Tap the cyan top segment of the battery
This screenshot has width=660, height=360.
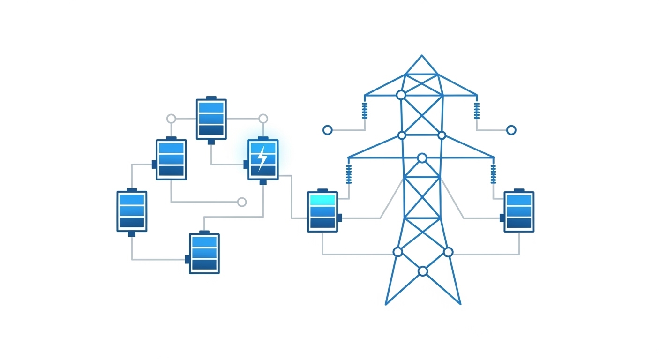point(322,200)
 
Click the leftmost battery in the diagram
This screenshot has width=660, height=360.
point(132,211)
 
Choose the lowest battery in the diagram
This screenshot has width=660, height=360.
point(204,253)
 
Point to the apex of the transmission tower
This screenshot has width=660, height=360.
point(422,56)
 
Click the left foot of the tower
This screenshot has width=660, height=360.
point(386,304)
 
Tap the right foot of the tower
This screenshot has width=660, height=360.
point(460,304)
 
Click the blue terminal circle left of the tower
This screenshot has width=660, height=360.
point(328,130)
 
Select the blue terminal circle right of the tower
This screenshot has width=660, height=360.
point(511,130)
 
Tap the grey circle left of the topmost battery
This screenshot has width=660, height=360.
point(171,119)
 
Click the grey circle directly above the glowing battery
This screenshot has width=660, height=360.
point(263,119)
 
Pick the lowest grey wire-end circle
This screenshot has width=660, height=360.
point(242,202)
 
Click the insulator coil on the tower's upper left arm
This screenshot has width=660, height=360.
point(365,111)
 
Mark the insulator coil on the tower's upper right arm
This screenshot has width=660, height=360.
point(477,111)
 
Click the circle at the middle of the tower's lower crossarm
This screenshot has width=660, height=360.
point(422,158)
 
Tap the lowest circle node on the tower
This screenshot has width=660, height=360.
point(423,271)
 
